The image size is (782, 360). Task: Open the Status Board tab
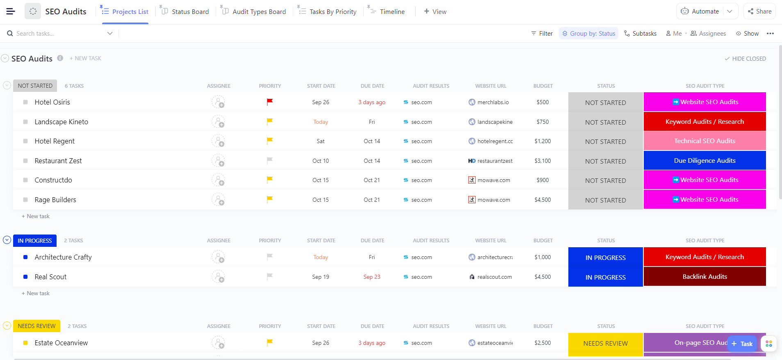click(x=190, y=11)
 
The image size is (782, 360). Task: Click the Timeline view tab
click(x=392, y=11)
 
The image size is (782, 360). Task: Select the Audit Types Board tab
click(x=259, y=11)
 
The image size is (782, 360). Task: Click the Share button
click(x=759, y=11)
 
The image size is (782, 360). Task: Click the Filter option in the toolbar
click(x=542, y=34)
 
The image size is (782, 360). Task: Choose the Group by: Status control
click(x=588, y=34)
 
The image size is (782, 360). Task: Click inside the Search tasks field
click(x=57, y=34)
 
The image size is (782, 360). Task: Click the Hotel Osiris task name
click(x=52, y=102)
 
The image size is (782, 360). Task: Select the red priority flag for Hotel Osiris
click(x=269, y=102)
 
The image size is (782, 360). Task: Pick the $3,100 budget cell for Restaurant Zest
click(x=543, y=161)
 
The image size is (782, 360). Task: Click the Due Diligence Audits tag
click(x=704, y=161)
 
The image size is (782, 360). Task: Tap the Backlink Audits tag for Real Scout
click(x=704, y=277)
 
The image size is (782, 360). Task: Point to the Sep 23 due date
click(x=372, y=277)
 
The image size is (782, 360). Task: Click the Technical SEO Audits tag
click(x=704, y=141)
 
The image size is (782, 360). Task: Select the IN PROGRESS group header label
click(x=35, y=241)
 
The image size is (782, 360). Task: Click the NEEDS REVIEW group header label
click(x=36, y=326)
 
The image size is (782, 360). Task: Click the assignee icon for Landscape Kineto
click(x=218, y=122)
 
